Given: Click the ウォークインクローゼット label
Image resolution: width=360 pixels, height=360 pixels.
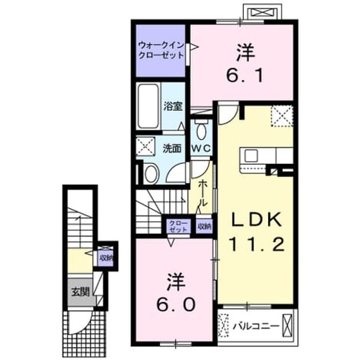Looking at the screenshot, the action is (161, 50).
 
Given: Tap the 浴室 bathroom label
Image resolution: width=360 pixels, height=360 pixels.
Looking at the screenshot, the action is (173, 106).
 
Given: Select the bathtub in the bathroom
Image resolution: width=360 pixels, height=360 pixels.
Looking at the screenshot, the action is (149, 106).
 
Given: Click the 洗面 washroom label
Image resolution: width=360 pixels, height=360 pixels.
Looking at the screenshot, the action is (172, 149).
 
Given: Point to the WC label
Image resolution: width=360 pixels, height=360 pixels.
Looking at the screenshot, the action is (201, 149).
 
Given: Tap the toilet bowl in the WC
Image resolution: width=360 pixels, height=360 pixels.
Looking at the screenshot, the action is (201, 130).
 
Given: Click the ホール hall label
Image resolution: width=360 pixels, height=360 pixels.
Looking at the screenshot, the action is (203, 194).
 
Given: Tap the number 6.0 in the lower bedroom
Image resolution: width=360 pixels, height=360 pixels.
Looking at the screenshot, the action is (176, 305).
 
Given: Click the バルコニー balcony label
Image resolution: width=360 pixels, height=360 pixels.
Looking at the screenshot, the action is (256, 326).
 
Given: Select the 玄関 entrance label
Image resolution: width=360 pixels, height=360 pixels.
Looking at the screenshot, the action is (80, 292).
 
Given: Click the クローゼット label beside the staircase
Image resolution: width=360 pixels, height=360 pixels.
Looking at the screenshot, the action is (178, 226).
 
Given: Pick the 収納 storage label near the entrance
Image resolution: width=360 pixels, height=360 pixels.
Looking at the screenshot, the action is (106, 258).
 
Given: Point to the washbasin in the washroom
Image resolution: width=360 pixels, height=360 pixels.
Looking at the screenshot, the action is (151, 174).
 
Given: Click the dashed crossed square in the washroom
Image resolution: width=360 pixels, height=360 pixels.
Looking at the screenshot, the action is (145, 147).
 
